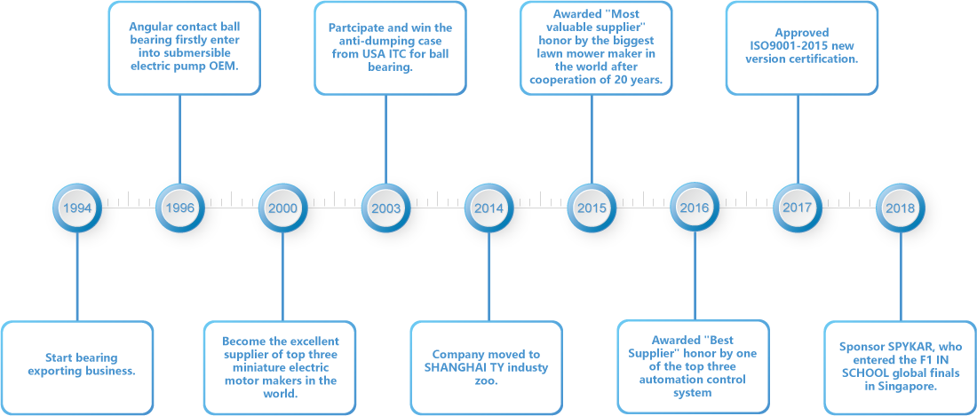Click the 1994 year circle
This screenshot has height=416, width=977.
[x=76, y=208]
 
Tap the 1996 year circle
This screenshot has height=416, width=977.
[x=179, y=208]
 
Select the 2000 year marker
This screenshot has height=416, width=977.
[x=282, y=208]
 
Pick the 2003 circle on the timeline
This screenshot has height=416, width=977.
[x=385, y=208]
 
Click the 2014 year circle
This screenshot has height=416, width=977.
[x=488, y=208]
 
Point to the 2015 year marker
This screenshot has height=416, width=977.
[x=592, y=208]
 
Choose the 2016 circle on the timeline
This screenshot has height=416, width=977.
[x=695, y=208]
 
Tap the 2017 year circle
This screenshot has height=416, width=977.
[x=798, y=207]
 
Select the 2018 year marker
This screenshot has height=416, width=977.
[x=901, y=208]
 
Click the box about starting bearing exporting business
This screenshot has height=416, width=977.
[x=76, y=367]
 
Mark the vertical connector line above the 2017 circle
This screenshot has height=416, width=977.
[x=798, y=138]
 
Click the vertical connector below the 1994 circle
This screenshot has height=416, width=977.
[x=77, y=277]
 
